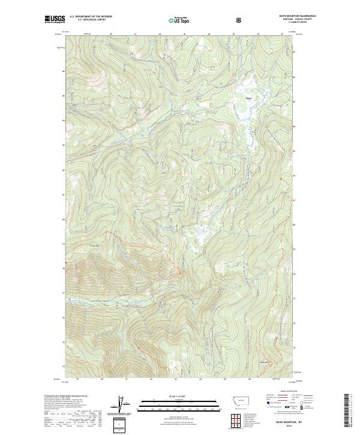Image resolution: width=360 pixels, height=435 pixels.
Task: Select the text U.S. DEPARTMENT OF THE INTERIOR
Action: tap(91, 16)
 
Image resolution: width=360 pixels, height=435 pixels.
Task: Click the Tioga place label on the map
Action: tap(248, 97)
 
